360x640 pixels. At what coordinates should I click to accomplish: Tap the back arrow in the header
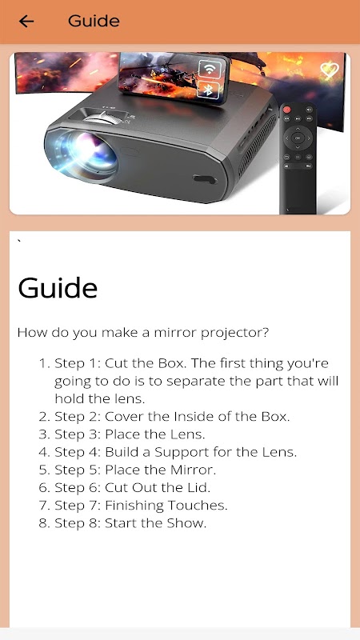[26, 21]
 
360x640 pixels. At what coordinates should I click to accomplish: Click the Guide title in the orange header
[94, 21]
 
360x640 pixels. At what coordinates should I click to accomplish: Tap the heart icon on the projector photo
[330, 70]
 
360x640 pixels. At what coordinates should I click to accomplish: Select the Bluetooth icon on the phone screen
[208, 90]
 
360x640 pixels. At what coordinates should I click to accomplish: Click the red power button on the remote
[287, 110]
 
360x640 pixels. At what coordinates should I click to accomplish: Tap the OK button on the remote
[298, 138]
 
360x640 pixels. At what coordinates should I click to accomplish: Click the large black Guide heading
[58, 288]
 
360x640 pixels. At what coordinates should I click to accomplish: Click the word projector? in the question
[235, 334]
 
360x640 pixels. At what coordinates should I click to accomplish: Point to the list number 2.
[44, 417]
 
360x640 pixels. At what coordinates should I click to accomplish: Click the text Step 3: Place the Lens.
[130, 434]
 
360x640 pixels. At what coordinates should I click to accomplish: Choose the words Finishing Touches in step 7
[166, 506]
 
